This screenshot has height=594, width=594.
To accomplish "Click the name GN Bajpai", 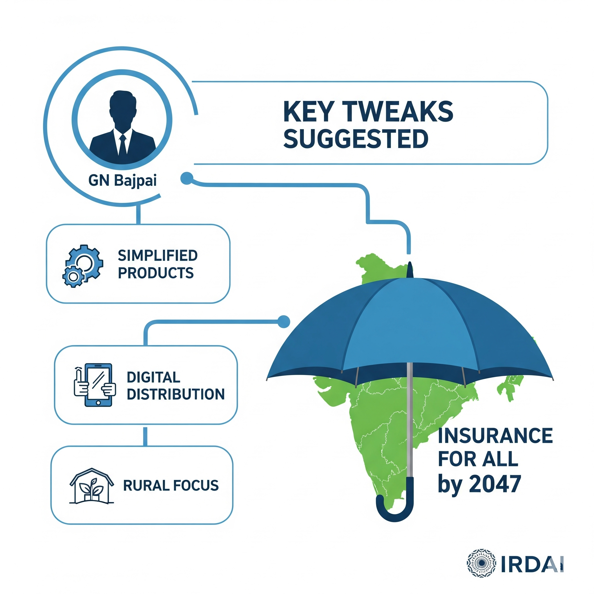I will point(122,180).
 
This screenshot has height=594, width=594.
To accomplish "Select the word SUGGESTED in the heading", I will point(355,139).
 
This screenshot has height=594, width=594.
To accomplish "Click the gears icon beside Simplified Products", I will point(82,266).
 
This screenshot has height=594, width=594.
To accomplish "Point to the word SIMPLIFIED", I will point(157,256).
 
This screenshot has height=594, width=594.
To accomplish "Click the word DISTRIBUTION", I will point(175,394).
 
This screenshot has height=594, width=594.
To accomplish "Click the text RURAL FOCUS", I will point(171,486).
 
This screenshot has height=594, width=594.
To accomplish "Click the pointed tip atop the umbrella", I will point(410,269).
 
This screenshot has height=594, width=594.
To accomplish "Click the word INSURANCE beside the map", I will point(495,436).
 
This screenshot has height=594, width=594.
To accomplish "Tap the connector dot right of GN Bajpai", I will point(186,178).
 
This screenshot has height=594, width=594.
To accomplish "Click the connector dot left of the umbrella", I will point(283,322).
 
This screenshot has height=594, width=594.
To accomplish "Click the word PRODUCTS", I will point(155,273).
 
